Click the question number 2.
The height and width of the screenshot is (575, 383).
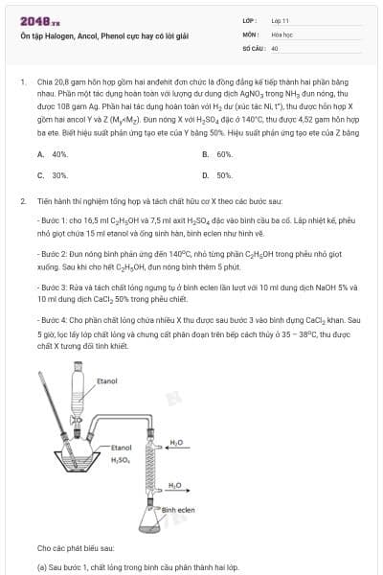22,202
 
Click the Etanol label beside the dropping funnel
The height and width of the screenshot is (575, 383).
108,381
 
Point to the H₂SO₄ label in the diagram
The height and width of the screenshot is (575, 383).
119,460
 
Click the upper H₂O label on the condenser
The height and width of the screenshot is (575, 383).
176,443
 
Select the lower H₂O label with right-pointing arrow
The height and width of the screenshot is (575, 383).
175,485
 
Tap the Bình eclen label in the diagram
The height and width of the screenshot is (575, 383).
178,510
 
